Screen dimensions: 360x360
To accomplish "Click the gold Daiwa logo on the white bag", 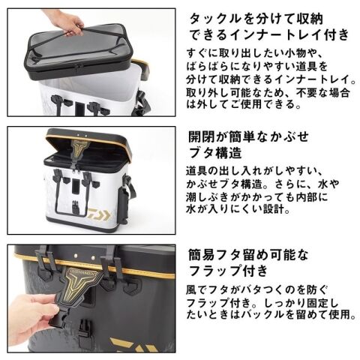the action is pos(100,214).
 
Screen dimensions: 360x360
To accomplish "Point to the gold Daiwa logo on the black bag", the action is pos(133,345).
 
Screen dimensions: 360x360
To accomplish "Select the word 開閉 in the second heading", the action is pos(202,136).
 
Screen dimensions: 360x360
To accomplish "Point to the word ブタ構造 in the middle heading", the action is pos(215,152).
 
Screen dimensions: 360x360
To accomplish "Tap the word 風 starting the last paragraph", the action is pos(191,290).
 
